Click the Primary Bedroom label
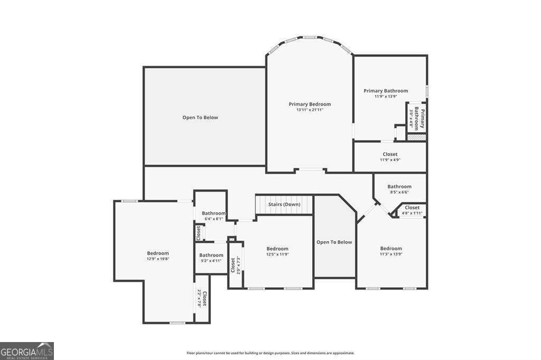coord(310,104)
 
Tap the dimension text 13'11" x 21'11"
coord(310,110)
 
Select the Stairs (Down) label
coord(284,204)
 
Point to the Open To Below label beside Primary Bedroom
coord(200,117)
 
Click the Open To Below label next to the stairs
coord(334,242)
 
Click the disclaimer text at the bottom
coord(270,353)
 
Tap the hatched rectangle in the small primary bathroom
coord(416,136)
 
